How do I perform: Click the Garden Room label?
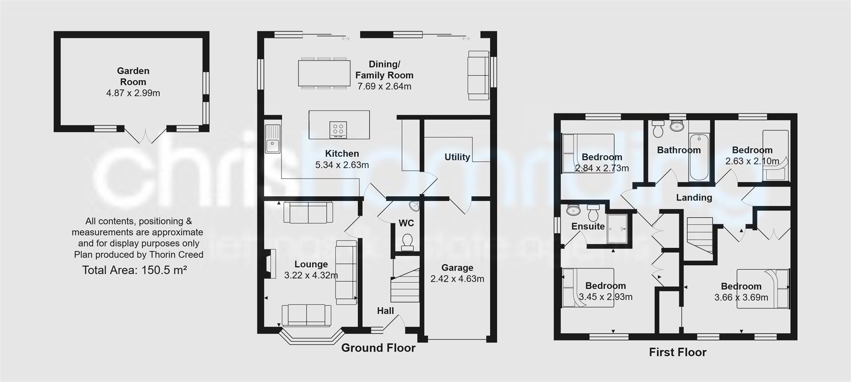click(x=133, y=76)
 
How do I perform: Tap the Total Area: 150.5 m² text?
click(x=134, y=270)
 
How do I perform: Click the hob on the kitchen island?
click(x=338, y=129)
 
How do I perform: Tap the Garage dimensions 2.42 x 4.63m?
click(x=457, y=279)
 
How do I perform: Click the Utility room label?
click(x=457, y=157)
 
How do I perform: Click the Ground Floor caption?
click(x=378, y=348)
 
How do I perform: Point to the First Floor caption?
click(x=677, y=352)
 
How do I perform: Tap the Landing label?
click(x=694, y=198)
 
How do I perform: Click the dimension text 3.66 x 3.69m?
click(x=741, y=297)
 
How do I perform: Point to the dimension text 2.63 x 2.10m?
click(x=752, y=161)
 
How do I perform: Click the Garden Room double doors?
click(x=145, y=135)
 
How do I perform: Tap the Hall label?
click(x=385, y=311)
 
